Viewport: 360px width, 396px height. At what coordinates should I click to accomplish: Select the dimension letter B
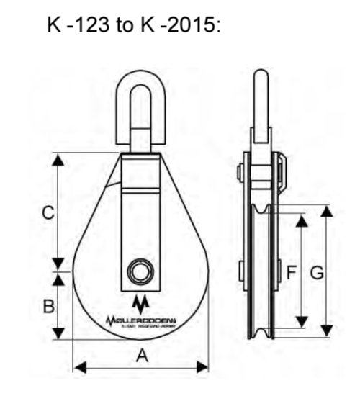pos(48,306)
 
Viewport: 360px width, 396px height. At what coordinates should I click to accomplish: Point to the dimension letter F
pos(292,272)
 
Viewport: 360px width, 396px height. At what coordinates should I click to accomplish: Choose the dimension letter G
pos(316,272)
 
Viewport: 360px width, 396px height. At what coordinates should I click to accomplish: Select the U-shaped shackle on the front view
pos(140,104)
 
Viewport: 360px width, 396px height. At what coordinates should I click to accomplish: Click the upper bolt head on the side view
pos(239,173)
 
